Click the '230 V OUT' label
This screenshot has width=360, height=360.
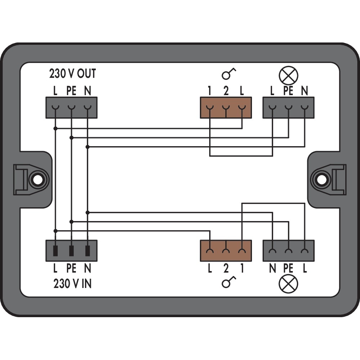point(72,73)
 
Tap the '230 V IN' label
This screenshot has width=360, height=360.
point(72,284)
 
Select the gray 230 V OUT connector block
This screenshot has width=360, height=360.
point(71,107)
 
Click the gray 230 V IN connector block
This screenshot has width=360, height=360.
point(71,251)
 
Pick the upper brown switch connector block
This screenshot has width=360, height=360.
point(226,107)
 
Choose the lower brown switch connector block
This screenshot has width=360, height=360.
point(226,251)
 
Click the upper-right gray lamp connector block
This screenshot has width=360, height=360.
point(288,107)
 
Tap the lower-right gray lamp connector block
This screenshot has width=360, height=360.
point(288,251)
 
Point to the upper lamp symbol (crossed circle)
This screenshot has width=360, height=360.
point(288,75)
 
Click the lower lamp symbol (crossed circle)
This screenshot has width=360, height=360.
point(288,284)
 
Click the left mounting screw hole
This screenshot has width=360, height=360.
point(36,179)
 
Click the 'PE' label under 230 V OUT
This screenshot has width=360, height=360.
point(71,91)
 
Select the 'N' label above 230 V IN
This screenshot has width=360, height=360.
point(87,269)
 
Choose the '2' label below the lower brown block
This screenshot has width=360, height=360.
point(226,269)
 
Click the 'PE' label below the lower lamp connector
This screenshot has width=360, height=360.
point(288,269)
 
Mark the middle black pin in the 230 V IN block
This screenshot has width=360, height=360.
point(71,251)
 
